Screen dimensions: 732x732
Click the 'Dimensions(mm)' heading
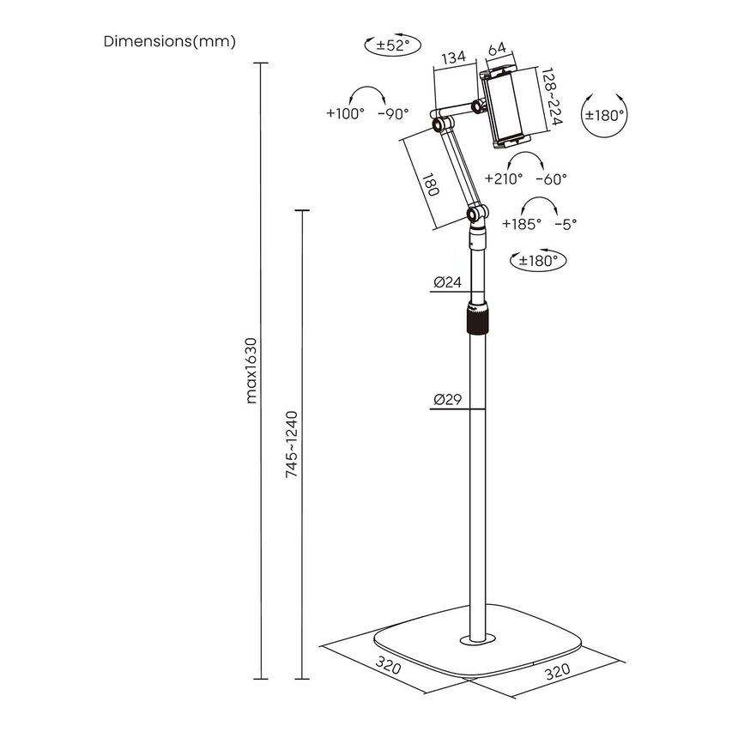pyautogui.click(x=169, y=41)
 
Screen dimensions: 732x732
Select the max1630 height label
pyautogui.click(x=251, y=369)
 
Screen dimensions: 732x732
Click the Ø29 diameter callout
pyautogui.click(x=448, y=398)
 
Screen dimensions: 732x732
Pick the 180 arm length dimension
pyautogui.click(x=430, y=185)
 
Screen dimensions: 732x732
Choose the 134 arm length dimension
pyautogui.click(x=453, y=57)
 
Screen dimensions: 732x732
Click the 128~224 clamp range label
pyautogui.click(x=550, y=99)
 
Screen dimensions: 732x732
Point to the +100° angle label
pyautogui.click(x=345, y=113)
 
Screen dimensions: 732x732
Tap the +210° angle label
pyautogui.click(x=504, y=179)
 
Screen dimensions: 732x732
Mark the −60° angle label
pyautogui.click(x=551, y=179)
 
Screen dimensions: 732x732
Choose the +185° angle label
pyautogui.click(x=522, y=223)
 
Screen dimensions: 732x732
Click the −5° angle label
pyautogui.click(x=566, y=223)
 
